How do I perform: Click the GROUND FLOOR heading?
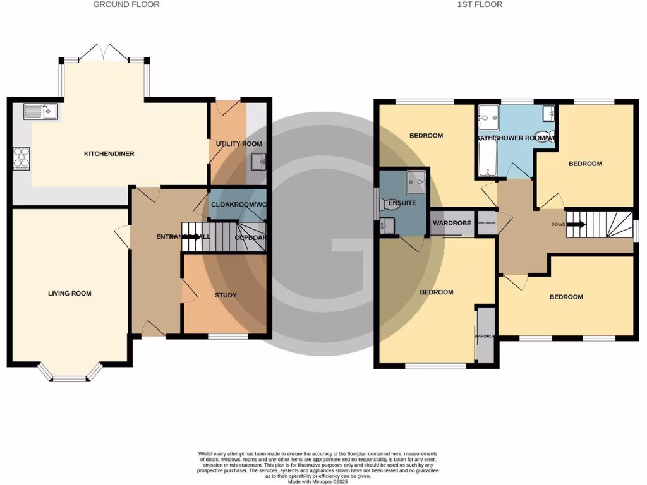[x=126, y=4]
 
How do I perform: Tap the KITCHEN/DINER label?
[x=110, y=154]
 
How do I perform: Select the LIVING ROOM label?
[x=70, y=294]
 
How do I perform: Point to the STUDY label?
[x=225, y=296]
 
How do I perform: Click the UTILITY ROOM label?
[x=239, y=145]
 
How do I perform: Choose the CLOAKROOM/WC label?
[x=237, y=205]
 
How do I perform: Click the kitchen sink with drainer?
[x=40, y=112]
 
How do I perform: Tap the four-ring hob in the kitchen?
[x=20, y=158]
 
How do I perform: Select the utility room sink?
[x=257, y=162]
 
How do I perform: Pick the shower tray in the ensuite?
[x=416, y=181]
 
